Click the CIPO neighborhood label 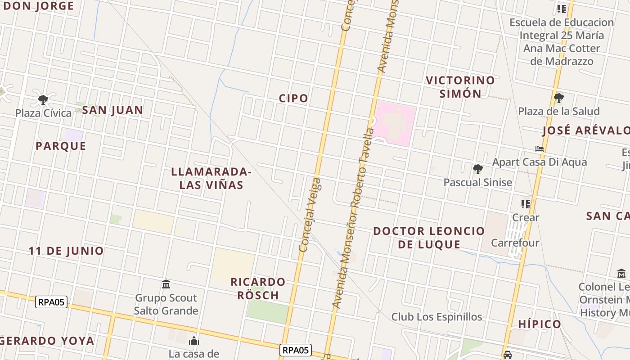coord(293,99)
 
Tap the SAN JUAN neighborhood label coord(112,110)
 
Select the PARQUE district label coord(61,146)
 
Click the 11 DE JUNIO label coord(66,251)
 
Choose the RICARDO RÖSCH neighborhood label coord(258,288)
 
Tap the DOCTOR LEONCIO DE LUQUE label coord(428,238)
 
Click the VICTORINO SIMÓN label coord(460,87)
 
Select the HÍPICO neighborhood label coord(540,324)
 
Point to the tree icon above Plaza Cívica coord(43,99)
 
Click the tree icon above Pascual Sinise coord(478,169)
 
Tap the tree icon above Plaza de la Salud coord(559,98)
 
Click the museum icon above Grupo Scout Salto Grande coord(166,284)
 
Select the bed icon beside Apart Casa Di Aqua coord(540,149)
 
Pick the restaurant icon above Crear coord(525,204)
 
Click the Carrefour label coord(515,243)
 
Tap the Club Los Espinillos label coord(436,317)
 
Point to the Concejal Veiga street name coord(310,215)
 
